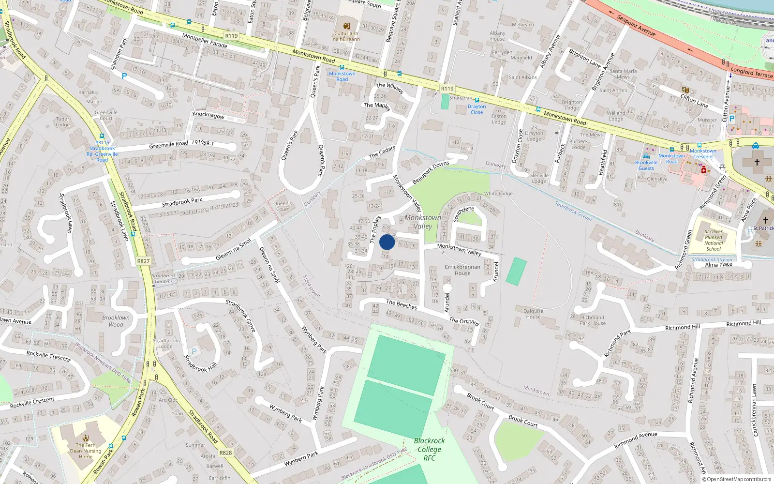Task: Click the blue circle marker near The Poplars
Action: pos(387,242)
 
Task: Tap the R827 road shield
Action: pos(143,261)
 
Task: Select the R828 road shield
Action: pos(225,453)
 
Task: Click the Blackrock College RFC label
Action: pos(429,449)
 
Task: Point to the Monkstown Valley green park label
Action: pos(423,222)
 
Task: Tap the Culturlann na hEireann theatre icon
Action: pos(346,26)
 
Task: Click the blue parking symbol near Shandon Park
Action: pos(124,76)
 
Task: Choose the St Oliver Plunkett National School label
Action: pos(714,240)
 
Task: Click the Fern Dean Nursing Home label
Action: pos(86,451)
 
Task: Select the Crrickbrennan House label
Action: pos(462,270)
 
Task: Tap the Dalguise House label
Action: pos(533,314)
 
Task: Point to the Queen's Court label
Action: pos(283,206)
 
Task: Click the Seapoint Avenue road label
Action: pos(636,25)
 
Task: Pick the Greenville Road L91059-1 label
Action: pos(181,144)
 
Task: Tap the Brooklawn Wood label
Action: pos(116,321)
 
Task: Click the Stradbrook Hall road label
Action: pos(200,363)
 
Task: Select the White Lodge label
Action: pos(498,194)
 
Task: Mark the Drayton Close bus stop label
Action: pos(476,109)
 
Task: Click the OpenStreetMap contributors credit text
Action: pos(736,480)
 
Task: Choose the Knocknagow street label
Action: pos(208,115)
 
